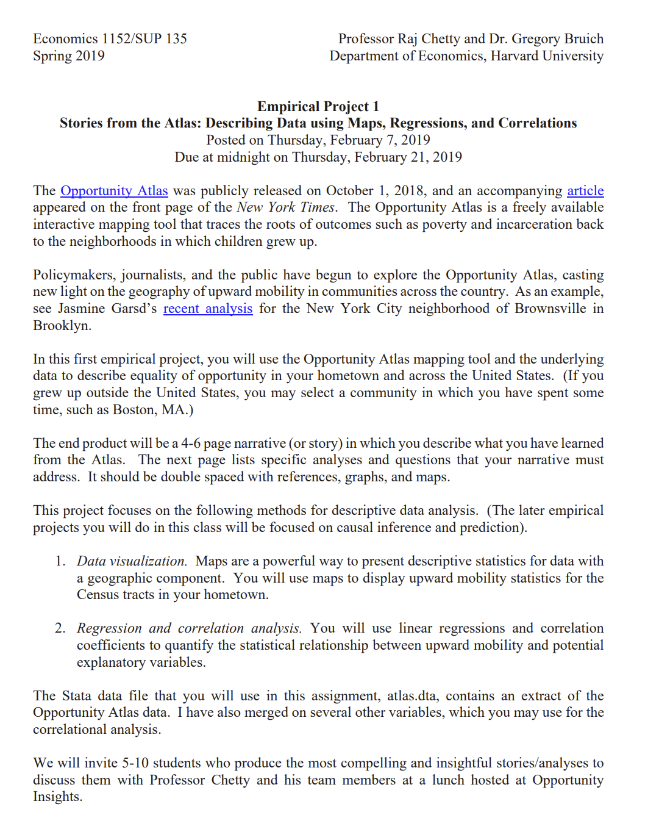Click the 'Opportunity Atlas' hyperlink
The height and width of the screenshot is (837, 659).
pyautogui.click(x=114, y=191)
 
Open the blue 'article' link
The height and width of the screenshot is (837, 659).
pyautogui.click(x=585, y=191)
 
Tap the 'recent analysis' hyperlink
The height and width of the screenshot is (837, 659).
pyautogui.click(x=207, y=309)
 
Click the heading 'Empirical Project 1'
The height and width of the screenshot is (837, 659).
pyautogui.click(x=318, y=107)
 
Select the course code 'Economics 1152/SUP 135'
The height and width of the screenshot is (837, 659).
pyautogui.click(x=110, y=39)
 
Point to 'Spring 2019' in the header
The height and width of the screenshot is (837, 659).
pyautogui.click(x=69, y=56)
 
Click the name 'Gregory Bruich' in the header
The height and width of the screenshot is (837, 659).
pyautogui.click(x=557, y=39)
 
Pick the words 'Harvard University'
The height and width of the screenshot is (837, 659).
pyautogui.click(x=547, y=56)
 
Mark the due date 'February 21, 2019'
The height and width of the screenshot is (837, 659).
pyautogui.click(x=408, y=157)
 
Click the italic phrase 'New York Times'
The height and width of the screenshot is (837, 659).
pyautogui.click(x=286, y=207)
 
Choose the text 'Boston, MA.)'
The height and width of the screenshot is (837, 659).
pyautogui.click(x=153, y=410)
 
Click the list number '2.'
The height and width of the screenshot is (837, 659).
pyautogui.click(x=60, y=628)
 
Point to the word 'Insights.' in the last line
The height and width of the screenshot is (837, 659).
pyautogui.click(x=57, y=797)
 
